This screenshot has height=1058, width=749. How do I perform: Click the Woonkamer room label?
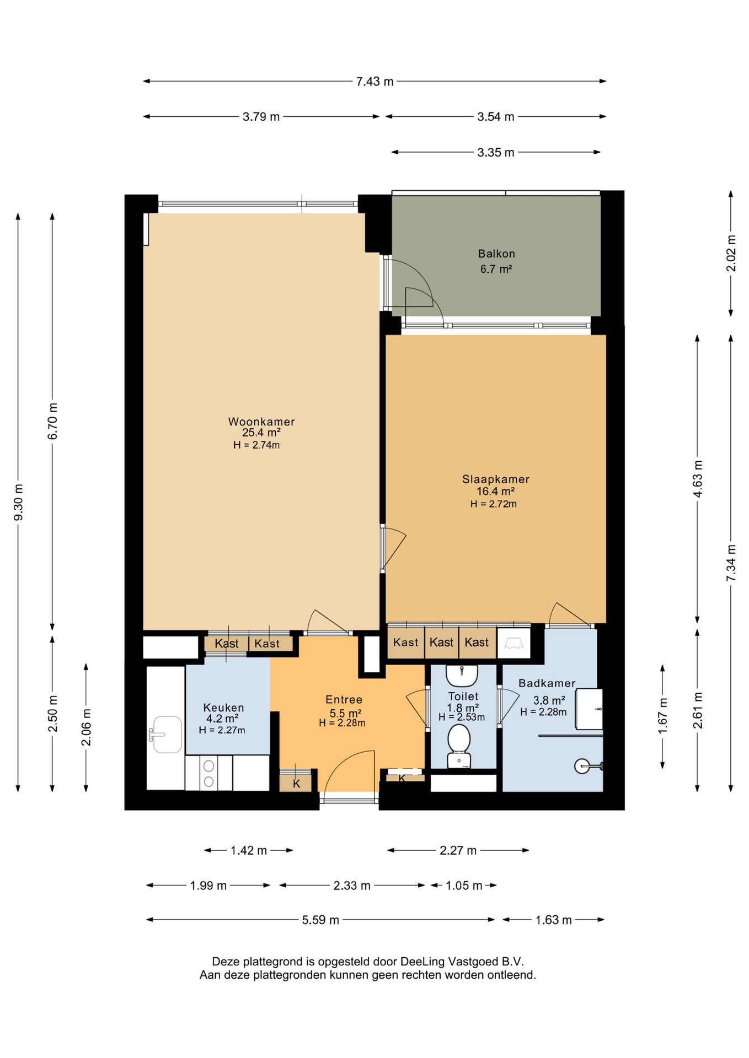point(261,422)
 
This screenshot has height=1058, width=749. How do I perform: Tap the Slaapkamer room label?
point(496,479)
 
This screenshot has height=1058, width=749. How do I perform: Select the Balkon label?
point(496,254)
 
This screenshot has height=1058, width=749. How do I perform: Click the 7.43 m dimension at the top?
point(374,82)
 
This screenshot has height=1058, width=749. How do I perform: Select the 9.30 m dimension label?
point(18,502)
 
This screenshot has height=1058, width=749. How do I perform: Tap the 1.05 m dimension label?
point(464,886)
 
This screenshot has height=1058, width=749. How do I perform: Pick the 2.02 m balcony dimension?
point(731,253)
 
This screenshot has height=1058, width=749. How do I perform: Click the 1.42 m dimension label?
point(249,850)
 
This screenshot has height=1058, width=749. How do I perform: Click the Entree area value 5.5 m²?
point(345,713)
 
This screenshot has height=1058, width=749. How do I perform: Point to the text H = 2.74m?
point(256,445)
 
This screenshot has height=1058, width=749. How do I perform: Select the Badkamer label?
point(547,683)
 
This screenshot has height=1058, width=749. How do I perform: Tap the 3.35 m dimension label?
point(496,152)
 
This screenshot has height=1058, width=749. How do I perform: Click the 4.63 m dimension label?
point(698,478)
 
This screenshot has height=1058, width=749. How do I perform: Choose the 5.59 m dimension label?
point(320,920)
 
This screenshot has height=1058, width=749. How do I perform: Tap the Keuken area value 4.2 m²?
point(222,719)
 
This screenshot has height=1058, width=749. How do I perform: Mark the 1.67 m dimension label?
point(663,716)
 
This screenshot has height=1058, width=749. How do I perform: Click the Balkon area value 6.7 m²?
point(496,269)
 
